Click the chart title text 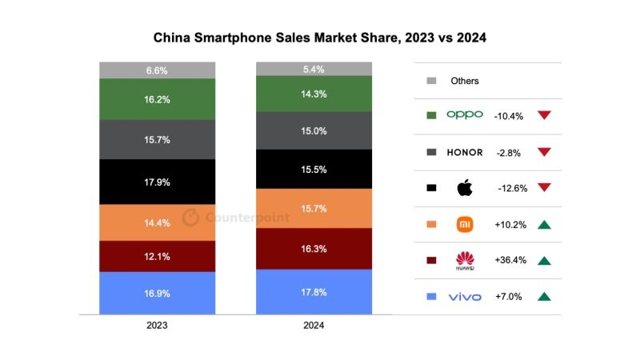(x=320, y=38)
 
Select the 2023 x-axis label (x=157, y=326)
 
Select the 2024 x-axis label (x=314, y=326)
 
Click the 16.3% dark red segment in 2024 (x=314, y=249)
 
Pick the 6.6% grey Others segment (x=157, y=70)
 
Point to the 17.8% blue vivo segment (x=314, y=292)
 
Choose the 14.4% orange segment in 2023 (x=157, y=222)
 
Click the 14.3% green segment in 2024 (x=314, y=94)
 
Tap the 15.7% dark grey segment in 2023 (x=157, y=139)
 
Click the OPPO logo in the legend (x=465, y=115)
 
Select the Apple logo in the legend (x=465, y=189)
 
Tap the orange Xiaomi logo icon (x=465, y=224)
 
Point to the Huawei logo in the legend (x=465, y=261)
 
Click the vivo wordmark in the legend (x=465, y=297)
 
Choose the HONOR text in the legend (x=465, y=152)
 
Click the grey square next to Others (x=431, y=81)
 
